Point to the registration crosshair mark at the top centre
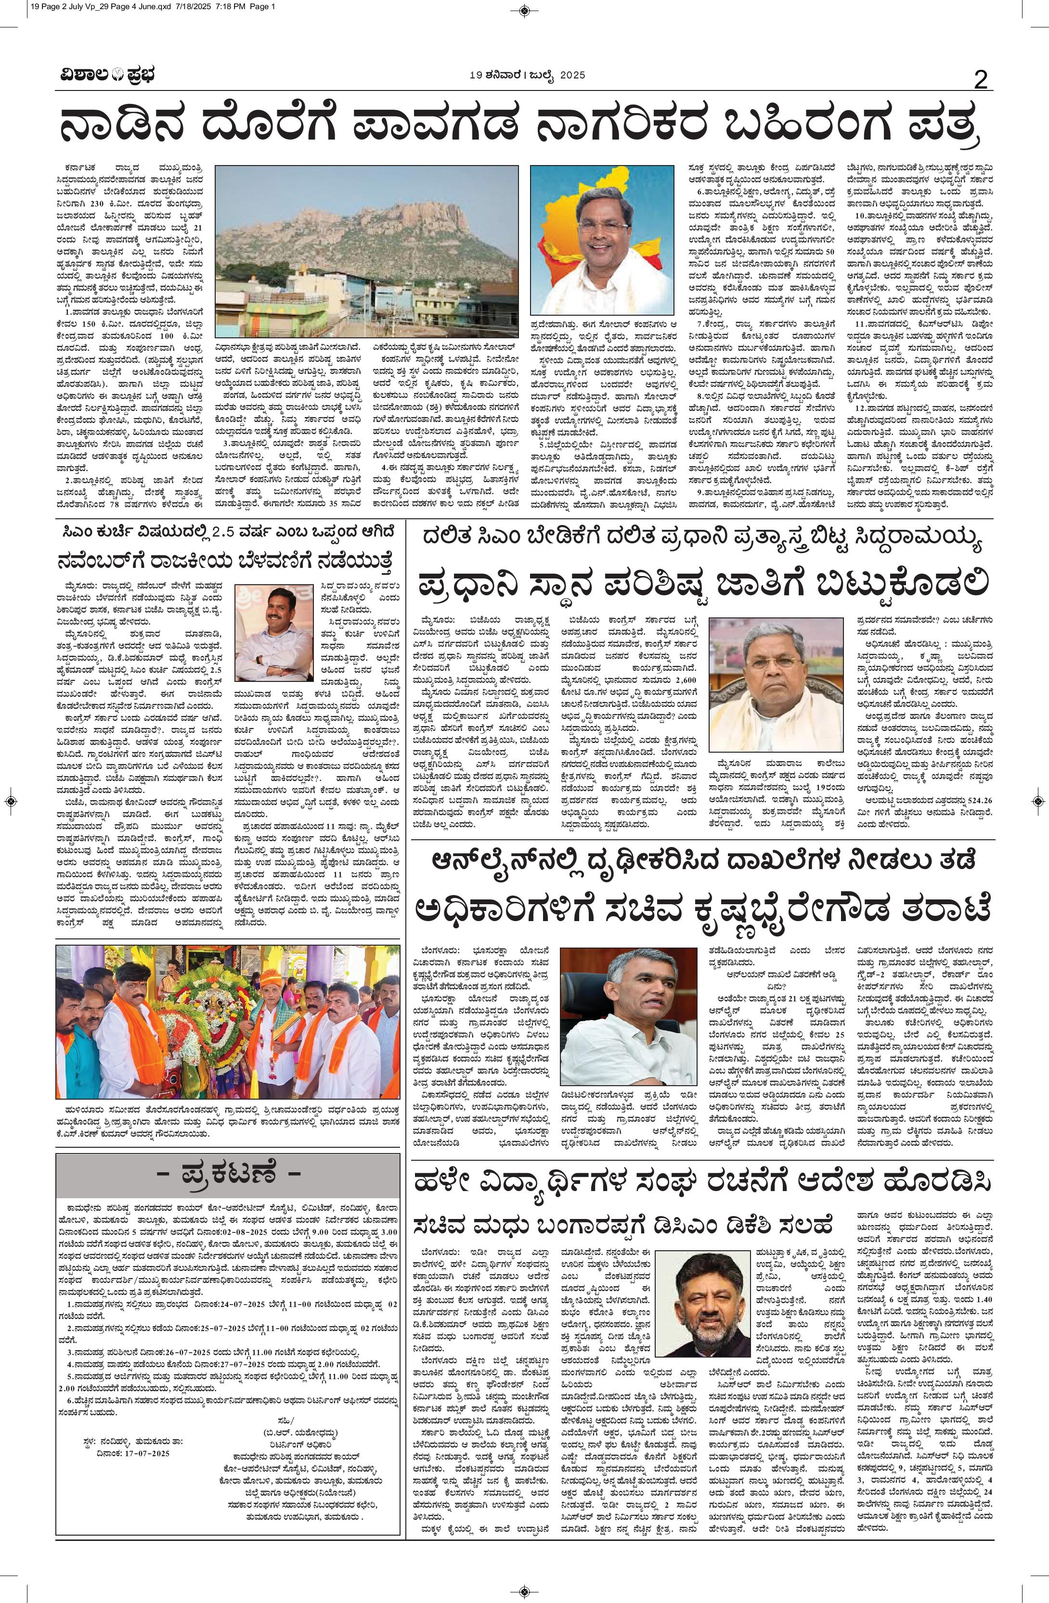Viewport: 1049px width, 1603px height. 524,10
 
